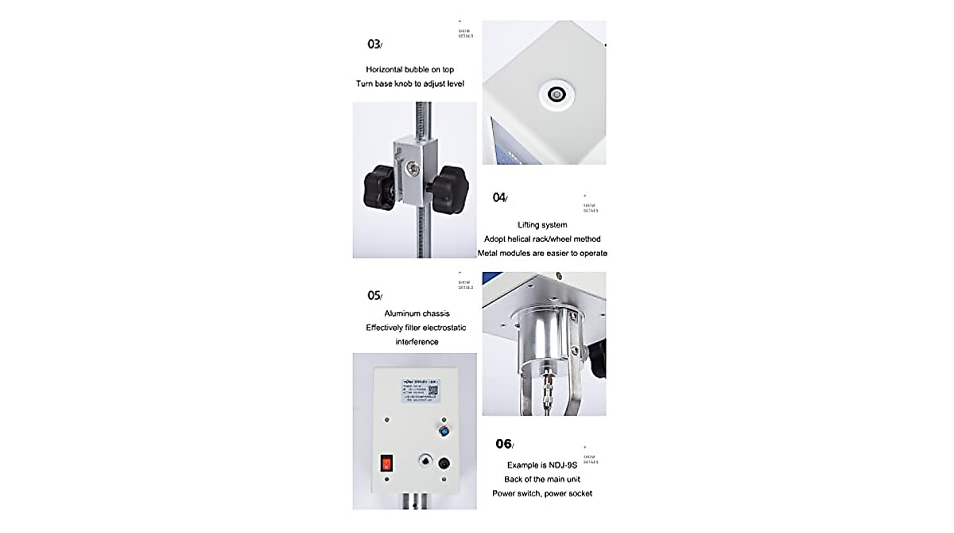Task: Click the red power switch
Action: pyautogui.click(x=386, y=462)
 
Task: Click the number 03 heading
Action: pyautogui.click(x=373, y=44)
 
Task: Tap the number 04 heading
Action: pyautogui.click(x=498, y=197)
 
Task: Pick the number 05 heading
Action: pyautogui.click(x=374, y=295)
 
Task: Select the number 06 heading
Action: pyautogui.click(x=503, y=444)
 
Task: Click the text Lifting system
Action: pyautogui.click(x=542, y=225)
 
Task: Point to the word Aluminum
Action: pyautogui.click(x=403, y=313)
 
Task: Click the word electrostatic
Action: pyautogui.click(x=440, y=328)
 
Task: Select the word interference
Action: pyautogui.click(x=417, y=342)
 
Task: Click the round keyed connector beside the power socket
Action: pyautogui.click(x=422, y=461)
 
